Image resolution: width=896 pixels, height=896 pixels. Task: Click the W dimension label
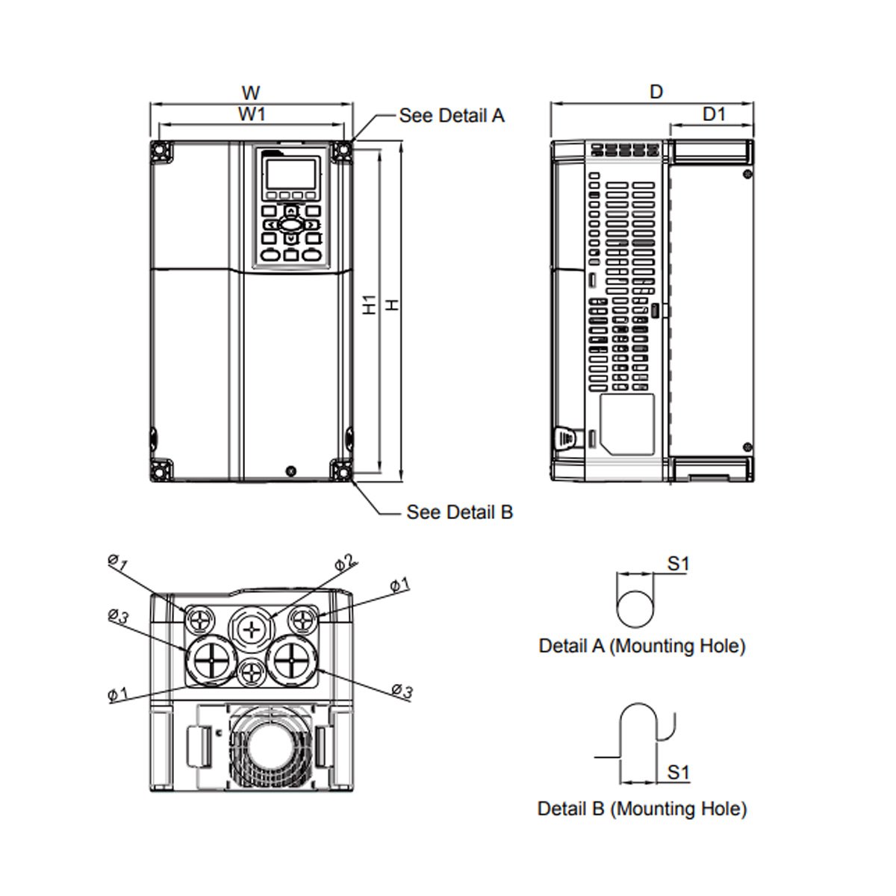(x=252, y=93)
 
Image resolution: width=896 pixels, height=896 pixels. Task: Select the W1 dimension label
(x=252, y=114)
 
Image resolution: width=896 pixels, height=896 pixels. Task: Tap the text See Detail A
(x=452, y=116)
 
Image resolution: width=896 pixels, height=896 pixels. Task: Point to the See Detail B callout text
(x=459, y=512)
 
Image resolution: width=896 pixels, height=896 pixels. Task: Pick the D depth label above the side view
(x=656, y=92)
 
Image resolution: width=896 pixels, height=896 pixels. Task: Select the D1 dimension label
(x=715, y=113)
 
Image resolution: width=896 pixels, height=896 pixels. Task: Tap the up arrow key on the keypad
(x=290, y=211)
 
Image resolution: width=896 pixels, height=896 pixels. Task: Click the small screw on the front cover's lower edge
(x=290, y=471)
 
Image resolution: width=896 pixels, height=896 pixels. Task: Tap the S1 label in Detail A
(x=677, y=564)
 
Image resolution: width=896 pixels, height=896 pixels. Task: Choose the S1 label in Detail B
(x=678, y=772)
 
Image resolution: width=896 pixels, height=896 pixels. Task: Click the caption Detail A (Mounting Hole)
(x=642, y=646)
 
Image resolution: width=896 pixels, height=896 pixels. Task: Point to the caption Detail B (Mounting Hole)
(x=642, y=808)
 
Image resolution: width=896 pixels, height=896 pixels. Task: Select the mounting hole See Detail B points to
(x=342, y=471)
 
